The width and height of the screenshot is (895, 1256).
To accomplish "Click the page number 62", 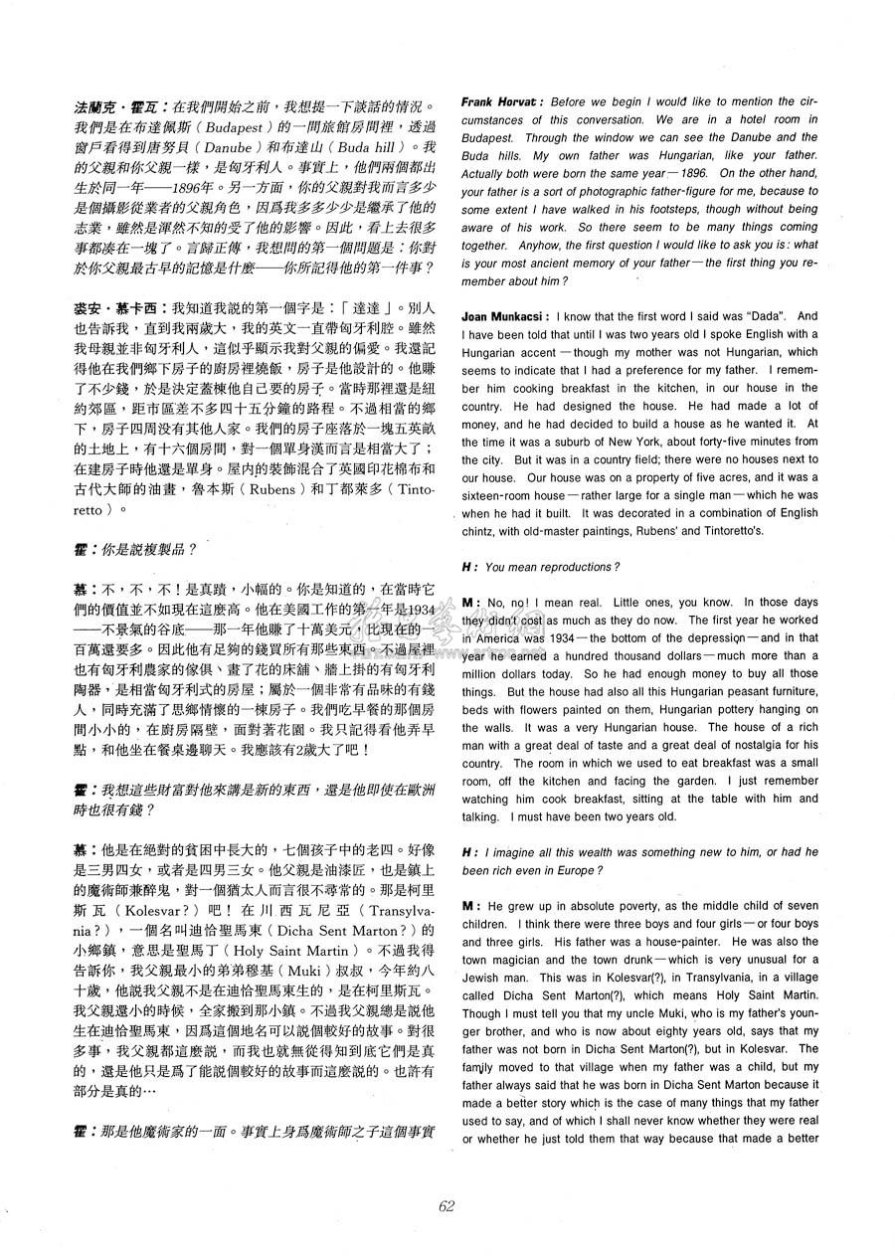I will click(447, 1205).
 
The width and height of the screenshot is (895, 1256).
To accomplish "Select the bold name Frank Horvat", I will click(501, 101).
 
